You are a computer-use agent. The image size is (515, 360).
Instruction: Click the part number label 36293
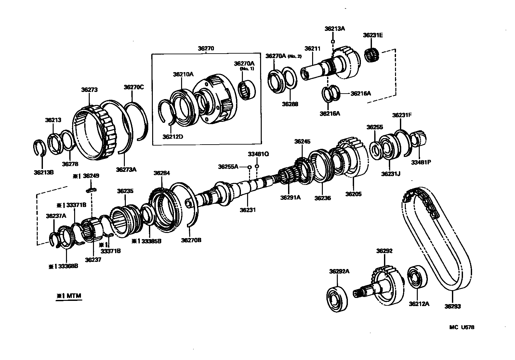pyautogui.click(x=453, y=306)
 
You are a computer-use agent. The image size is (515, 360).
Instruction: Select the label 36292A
pyautogui.click(x=339, y=271)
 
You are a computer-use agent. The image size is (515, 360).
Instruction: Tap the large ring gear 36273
pyautogui.click(x=94, y=133)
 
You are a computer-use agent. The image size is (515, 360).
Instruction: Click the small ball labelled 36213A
pyautogui.click(x=333, y=42)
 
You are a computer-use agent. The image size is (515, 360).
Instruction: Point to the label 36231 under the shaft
pyautogui.click(x=248, y=210)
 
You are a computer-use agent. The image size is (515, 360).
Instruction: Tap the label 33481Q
pyautogui.click(x=258, y=154)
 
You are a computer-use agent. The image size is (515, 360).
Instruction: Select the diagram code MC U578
pyautogui.click(x=462, y=327)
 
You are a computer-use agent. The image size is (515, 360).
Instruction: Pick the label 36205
pyautogui.click(x=353, y=194)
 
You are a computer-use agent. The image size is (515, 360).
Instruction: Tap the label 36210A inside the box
pyautogui.click(x=183, y=74)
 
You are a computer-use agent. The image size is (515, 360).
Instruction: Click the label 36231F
pyautogui.click(x=402, y=115)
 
